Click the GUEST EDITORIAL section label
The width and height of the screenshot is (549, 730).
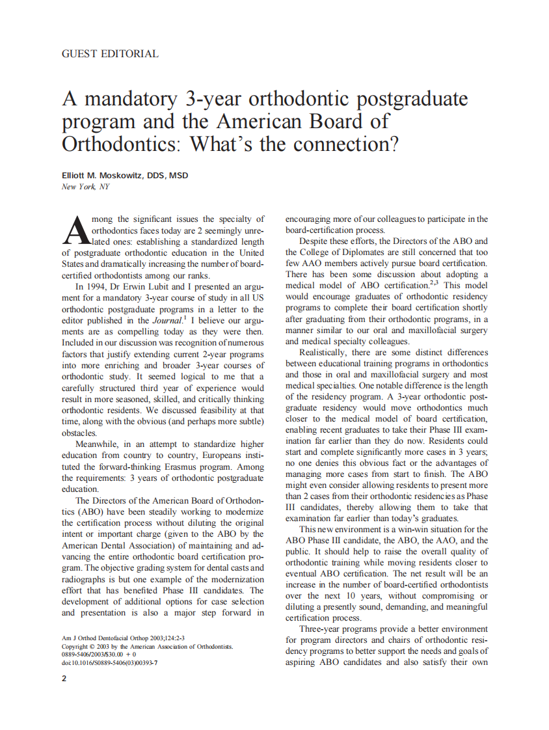pyautogui.click(x=109, y=54)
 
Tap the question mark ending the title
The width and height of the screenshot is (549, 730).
pyautogui.click(x=392, y=143)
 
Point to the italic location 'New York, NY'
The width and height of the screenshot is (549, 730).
pyautogui.click(x=85, y=187)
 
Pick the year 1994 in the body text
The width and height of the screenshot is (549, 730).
pyautogui.click(x=101, y=286)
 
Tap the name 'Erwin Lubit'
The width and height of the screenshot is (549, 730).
pyautogui.click(x=151, y=286)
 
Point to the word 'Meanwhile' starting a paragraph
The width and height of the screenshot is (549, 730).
pyautogui.click(x=98, y=444)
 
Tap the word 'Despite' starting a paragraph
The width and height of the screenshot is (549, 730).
pyautogui.click(x=314, y=241)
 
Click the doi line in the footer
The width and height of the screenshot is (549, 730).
pyautogui.click(x=109, y=663)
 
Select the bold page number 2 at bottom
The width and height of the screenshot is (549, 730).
pyautogui.click(x=64, y=679)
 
